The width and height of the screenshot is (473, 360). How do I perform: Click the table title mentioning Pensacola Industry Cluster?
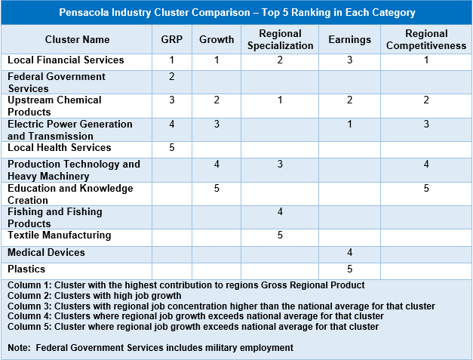(236, 13)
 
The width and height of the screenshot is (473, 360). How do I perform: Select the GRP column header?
(172, 39)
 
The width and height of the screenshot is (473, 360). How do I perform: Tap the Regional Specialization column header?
(280, 39)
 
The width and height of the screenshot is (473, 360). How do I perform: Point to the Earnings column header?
(349, 39)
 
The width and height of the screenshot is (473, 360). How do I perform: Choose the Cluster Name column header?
(77, 39)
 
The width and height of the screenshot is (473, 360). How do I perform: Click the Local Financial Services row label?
(66, 60)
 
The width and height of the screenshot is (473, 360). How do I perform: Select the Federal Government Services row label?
(57, 82)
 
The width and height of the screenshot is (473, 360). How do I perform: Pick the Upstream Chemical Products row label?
(54, 106)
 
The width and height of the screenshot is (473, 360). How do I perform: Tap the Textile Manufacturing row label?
(59, 235)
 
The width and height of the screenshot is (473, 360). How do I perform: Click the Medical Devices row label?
(46, 252)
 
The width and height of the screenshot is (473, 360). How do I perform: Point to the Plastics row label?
(26, 269)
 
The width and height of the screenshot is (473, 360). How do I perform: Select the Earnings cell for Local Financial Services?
(349, 60)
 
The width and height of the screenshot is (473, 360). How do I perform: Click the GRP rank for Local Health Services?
(172, 148)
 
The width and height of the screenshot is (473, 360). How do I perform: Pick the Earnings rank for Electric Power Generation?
(349, 125)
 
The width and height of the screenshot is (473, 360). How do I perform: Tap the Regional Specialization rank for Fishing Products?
(280, 213)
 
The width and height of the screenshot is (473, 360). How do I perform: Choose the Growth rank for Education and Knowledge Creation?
(217, 189)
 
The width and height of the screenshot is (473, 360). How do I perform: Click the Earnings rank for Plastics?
(349, 269)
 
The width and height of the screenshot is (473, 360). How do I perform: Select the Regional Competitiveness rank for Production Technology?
(426, 165)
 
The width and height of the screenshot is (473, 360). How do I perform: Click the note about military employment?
(150, 347)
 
